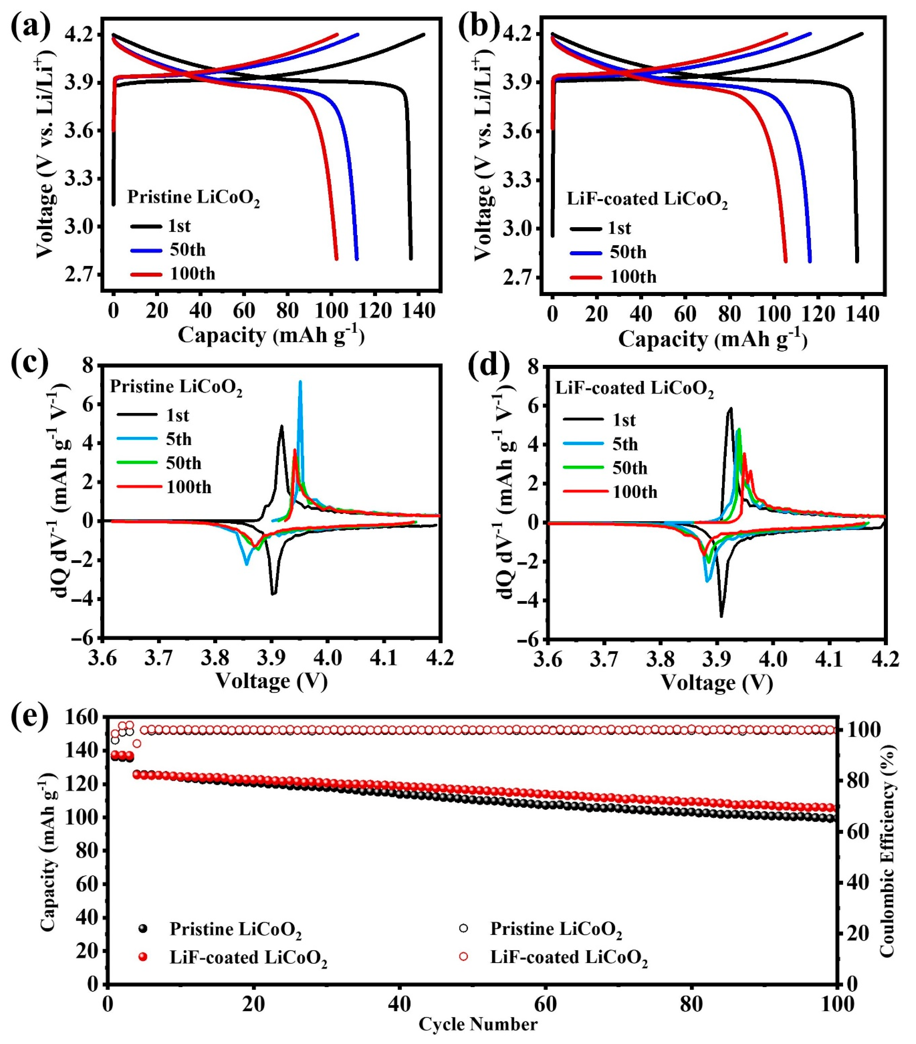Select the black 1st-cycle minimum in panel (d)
(722, 617)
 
